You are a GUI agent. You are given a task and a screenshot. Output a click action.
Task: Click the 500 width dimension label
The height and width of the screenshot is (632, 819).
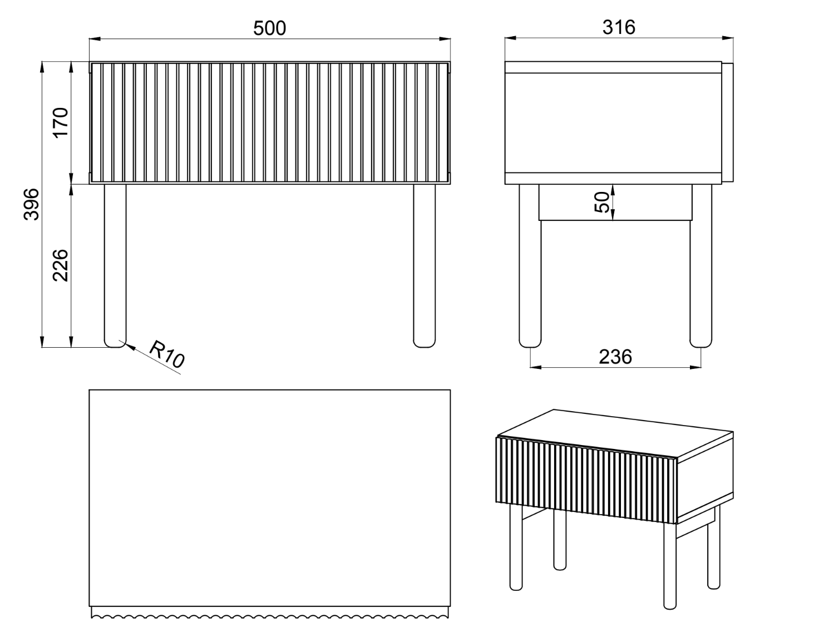pyautogui.click(x=269, y=28)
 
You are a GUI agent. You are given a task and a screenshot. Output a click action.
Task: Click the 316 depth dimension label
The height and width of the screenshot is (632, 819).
pyautogui.click(x=619, y=27)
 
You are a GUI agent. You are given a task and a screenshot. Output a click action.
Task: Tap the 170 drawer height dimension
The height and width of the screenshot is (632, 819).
pyautogui.click(x=61, y=123)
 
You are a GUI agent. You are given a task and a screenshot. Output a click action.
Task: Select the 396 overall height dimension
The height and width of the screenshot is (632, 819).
pyautogui.click(x=31, y=204)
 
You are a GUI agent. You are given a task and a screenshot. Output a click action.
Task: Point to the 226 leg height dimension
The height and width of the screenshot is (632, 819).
pyautogui.click(x=60, y=265)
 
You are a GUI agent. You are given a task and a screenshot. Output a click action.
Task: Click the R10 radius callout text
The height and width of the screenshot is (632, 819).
pyautogui.click(x=167, y=354)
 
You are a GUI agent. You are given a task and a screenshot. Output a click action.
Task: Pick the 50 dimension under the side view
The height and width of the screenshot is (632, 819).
pyautogui.click(x=601, y=203)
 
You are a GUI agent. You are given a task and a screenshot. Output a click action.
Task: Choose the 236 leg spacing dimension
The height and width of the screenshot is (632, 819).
pyautogui.click(x=615, y=357)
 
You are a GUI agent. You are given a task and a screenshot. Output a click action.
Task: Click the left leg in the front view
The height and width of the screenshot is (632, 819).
pyautogui.click(x=115, y=266)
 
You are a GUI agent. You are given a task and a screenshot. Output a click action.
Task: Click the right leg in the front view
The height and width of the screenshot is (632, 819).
pyautogui.click(x=425, y=266)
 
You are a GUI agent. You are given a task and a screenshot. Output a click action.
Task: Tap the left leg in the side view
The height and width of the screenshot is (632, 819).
pyautogui.click(x=530, y=266)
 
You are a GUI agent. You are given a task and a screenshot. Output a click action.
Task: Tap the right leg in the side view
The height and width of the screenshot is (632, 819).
pyautogui.click(x=701, y=266)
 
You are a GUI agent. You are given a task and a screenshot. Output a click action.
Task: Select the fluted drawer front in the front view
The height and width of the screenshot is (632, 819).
pyautogui.click(x=270, y=123)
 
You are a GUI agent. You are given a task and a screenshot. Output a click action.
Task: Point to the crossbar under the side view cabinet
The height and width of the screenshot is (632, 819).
pyautogui.click(x=615, y=203)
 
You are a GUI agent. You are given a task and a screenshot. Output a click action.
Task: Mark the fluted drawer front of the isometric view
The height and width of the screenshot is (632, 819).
pyautogui.click(x=586, y=480)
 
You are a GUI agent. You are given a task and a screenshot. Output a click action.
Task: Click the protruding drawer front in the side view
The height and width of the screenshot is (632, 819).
pyautogui.click(x=727, y=122)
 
